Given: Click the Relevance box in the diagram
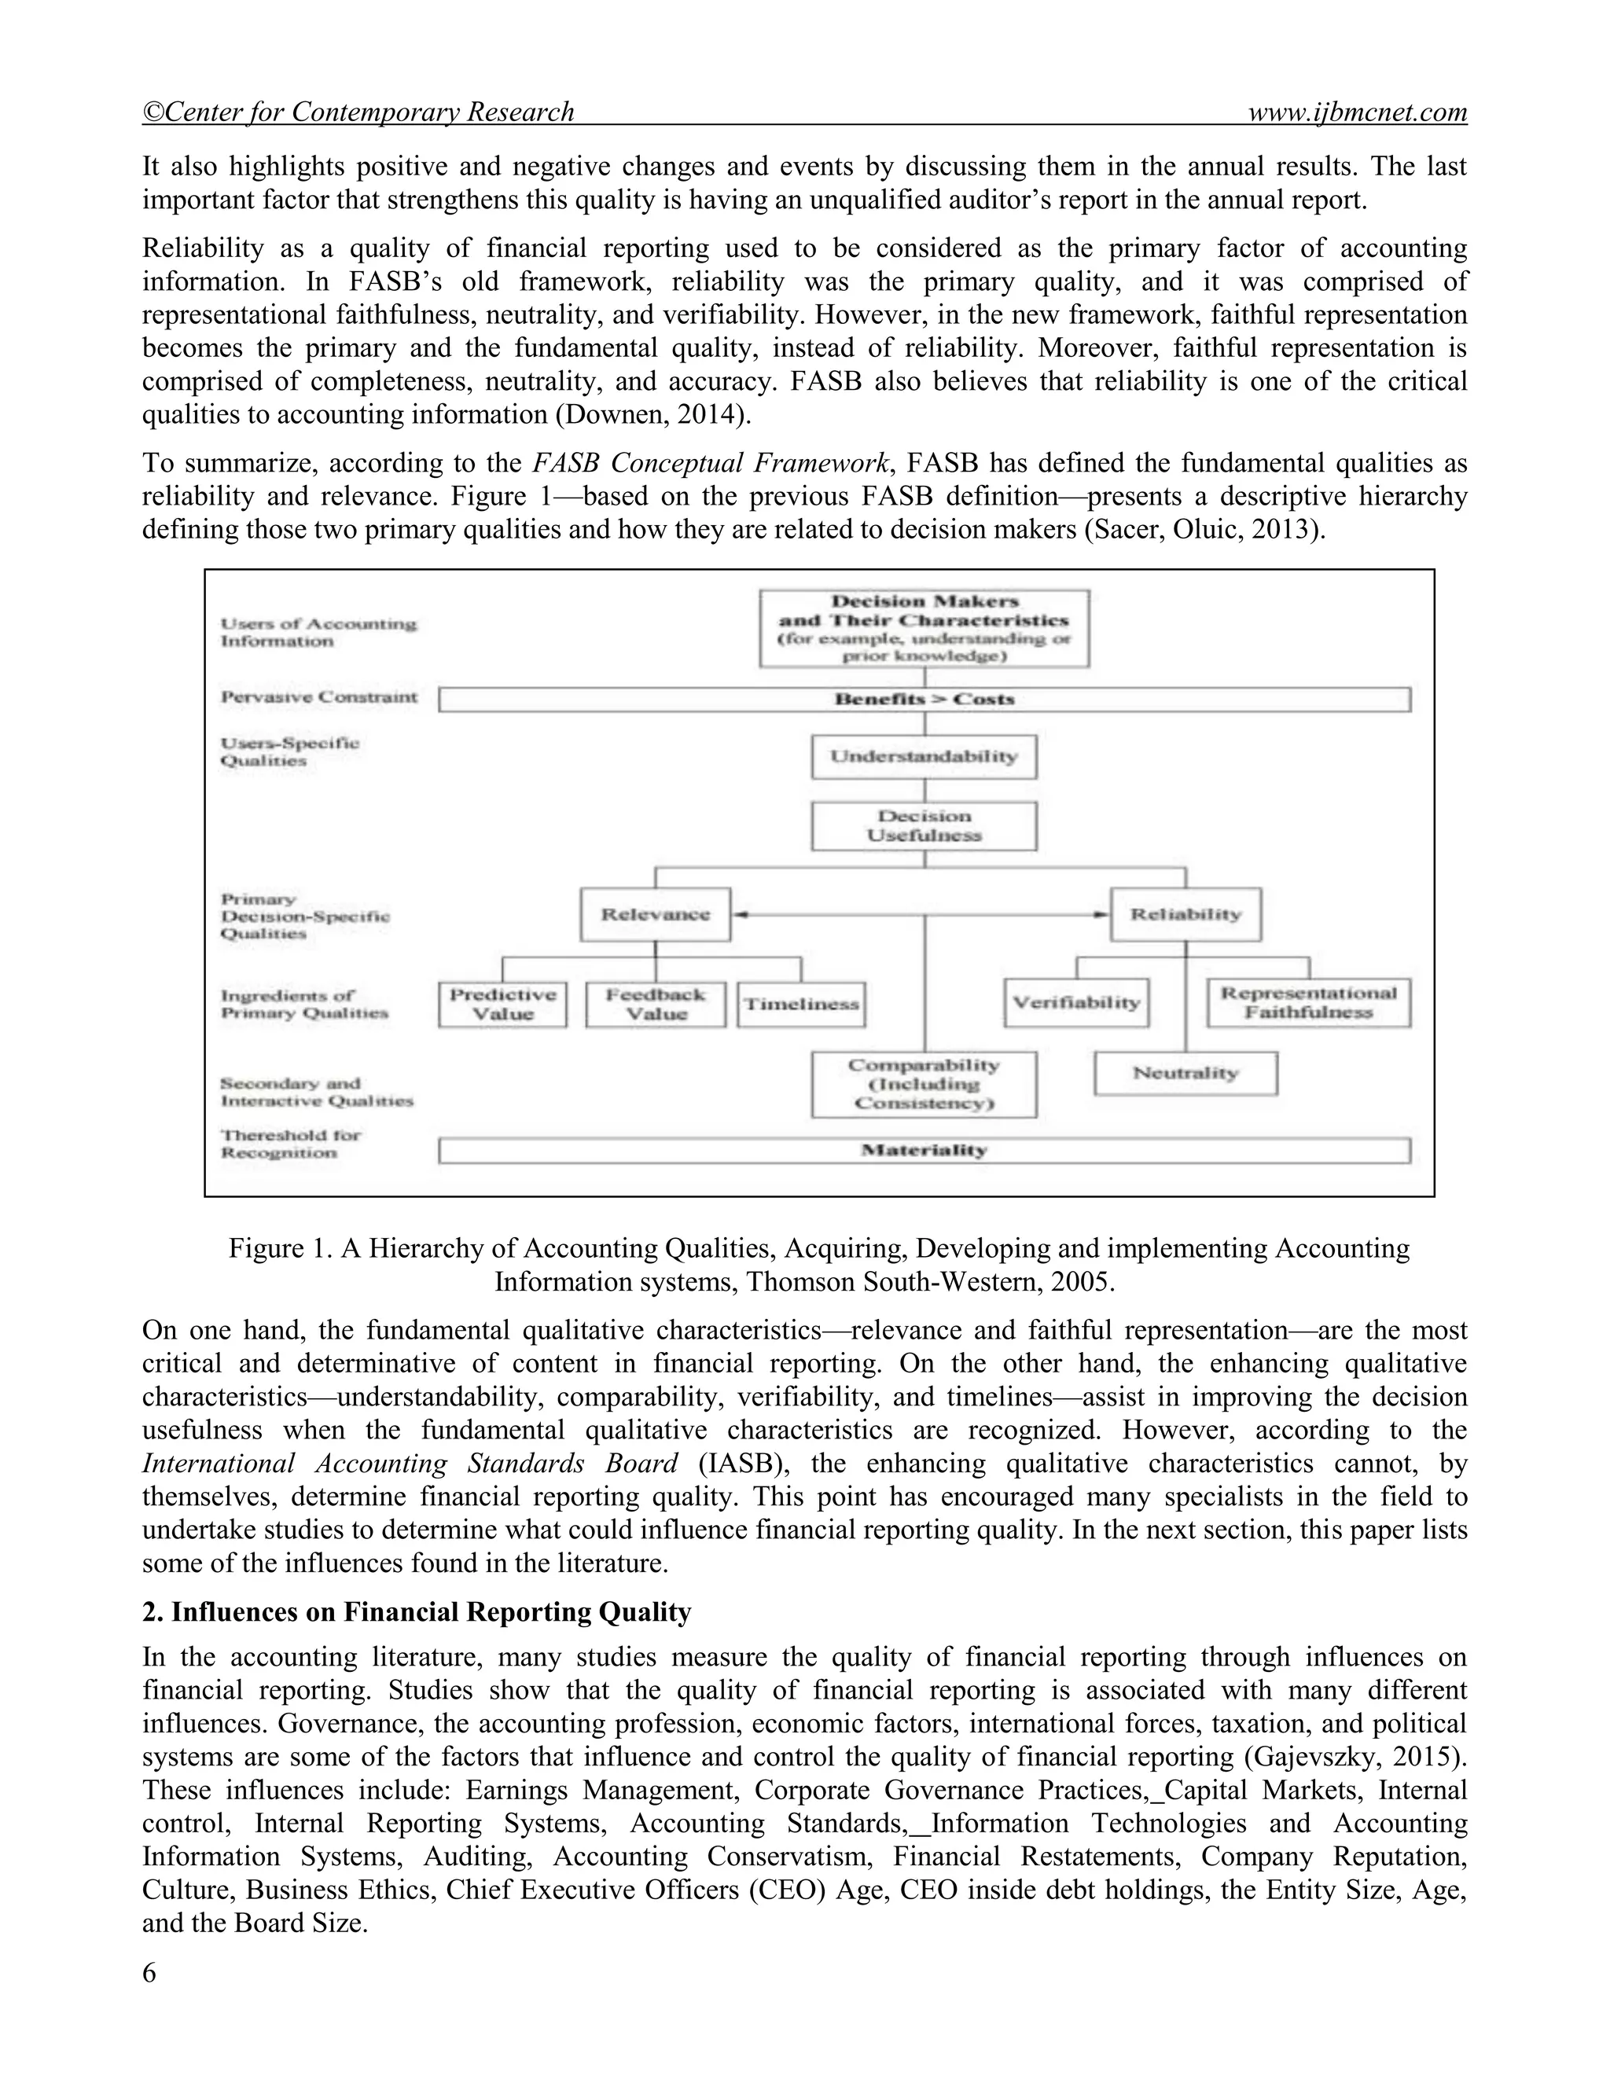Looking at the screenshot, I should pyautogui.click(x=656, y=915).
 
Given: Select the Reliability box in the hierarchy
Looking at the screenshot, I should pyautogui.click(x=1185, y=915).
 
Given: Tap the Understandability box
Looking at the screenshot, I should pyautogui.click(x=923, y=756).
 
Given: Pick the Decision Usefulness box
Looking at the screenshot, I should pyautogui.click(x=923, y=826).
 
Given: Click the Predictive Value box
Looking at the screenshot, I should pyautogui.click(x=502, y=1005).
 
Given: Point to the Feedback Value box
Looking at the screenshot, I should pyautogui.click(x=656, y=1005).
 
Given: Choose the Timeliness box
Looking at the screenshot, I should pyautogui.click(x=801, y=1005).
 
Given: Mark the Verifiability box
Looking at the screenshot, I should pyautogui.click(x=1076, y=1003).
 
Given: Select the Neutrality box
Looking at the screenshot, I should pyautogui.click(x=1185, y=1073).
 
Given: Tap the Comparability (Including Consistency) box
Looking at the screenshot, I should pyautogui.click(x=923, y=1085).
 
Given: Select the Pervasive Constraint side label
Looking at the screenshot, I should pyautogui.click(x=318, y=697).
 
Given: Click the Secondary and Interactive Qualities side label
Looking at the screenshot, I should pyautogui.click(x=317, y=1092).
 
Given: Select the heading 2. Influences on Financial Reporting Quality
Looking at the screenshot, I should pyautogui.click(x=416, y=1612).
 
